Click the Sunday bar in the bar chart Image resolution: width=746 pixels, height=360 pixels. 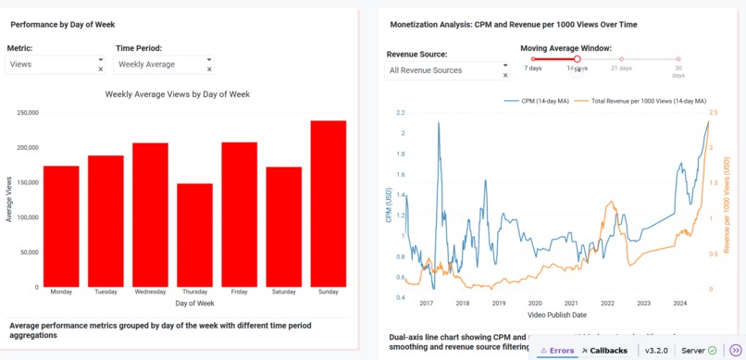(328, 204)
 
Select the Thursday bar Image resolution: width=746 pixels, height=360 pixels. (194, 235)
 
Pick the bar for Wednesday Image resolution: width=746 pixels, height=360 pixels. (150, 215)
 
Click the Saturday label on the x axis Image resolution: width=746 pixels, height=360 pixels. (284, 292)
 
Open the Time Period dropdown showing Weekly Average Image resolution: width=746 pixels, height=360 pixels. (157, 65)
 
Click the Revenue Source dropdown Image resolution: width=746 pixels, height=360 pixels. (442, 70)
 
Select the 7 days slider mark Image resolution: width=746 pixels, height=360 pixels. (533, 59)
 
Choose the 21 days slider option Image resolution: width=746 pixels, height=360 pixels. (621, 59)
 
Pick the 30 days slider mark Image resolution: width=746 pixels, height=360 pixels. (678, 59)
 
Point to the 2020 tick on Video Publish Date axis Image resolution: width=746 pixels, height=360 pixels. (535, 304)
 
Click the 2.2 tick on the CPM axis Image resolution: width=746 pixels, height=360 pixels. (400, 113)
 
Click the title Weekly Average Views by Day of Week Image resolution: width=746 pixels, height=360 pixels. (177, 94)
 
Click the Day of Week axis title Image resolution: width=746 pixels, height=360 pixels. (194, 304)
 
